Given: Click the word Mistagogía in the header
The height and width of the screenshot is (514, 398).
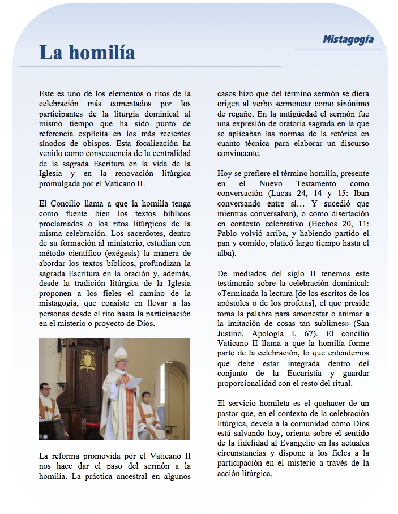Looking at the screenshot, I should tap(348, 40).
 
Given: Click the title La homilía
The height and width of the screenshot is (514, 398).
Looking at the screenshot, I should tap(87, 53).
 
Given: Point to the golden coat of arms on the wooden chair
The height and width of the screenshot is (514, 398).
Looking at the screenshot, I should tap(88, 359).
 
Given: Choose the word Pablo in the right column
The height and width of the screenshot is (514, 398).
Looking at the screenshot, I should tap(229, 234).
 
